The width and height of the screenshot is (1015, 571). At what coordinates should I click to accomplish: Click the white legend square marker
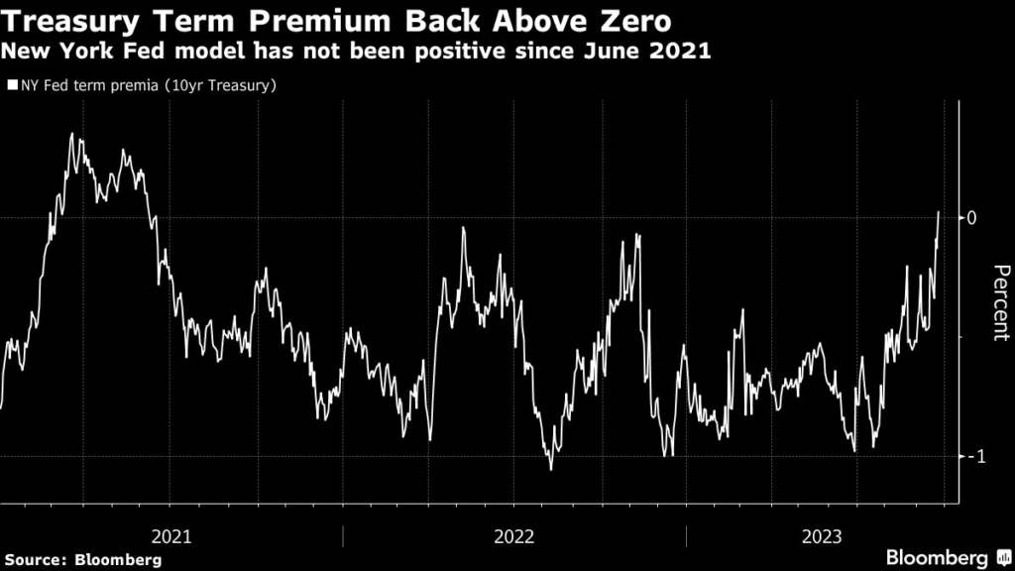12,86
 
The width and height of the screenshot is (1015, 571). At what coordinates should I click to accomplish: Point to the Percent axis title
1001,302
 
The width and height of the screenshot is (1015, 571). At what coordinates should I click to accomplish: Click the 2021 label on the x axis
171,536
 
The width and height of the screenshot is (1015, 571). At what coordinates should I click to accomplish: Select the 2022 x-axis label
513,536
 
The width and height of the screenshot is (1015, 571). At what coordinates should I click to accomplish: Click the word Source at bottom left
35,560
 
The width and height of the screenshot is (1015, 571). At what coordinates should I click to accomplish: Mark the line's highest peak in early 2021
72,134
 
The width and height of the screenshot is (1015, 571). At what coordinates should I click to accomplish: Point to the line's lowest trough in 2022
550,469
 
